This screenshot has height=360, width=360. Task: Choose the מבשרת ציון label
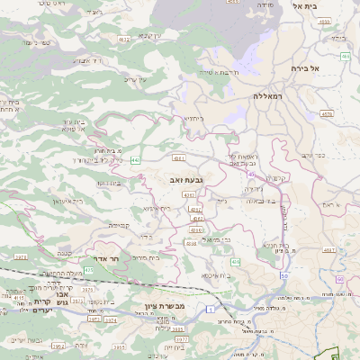pyautogui.click(x=164, y=307)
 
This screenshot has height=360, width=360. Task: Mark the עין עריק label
pyautogui.click(x=135, y=80)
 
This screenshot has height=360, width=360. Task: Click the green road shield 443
pyautogui.click(x=135, y=160)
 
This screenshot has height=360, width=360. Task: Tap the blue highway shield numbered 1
pyautogui.click(x=210, y=310)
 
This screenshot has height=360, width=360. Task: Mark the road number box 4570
pyautogui.click(x=327, y=114)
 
